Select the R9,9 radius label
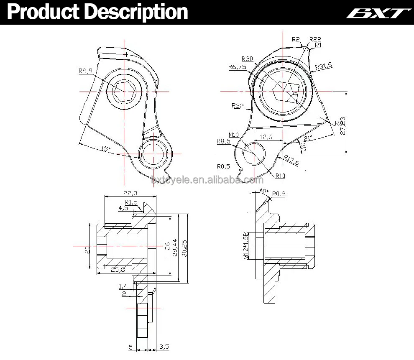85,71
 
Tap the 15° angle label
105,148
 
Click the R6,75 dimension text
237,67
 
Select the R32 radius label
237,106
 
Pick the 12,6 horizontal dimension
266,137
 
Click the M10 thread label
233,135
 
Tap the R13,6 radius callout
291,160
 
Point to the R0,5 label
223,166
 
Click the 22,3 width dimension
130,193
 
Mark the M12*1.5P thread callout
246,246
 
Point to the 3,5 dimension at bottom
164,347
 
